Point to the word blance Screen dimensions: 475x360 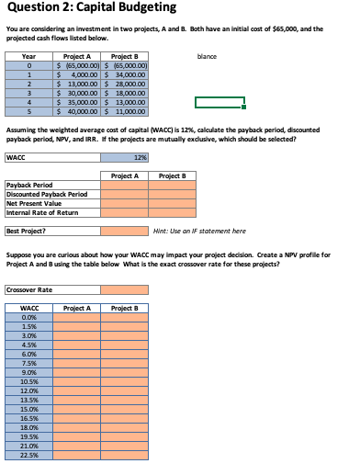207,57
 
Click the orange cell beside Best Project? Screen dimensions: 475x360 124,231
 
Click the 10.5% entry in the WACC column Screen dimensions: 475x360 29,379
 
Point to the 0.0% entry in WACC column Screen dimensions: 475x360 29,317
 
